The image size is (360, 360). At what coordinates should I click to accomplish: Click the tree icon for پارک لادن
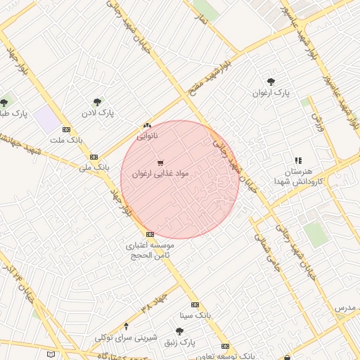pos(96,101)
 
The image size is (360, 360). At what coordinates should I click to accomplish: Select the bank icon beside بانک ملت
pos(66,129)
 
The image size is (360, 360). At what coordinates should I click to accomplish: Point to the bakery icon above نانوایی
pos(147,124)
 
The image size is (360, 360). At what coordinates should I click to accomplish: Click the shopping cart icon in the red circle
pos(160,163)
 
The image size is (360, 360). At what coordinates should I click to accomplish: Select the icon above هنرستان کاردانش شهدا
pos(297,160)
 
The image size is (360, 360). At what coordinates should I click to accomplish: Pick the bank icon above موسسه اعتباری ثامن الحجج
pos(149,234)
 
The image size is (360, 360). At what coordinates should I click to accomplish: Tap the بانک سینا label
pos(195,316)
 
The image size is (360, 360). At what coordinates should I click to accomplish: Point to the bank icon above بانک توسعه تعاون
pos(225,346)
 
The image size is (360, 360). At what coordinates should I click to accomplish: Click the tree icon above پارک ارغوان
pos(271,81)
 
